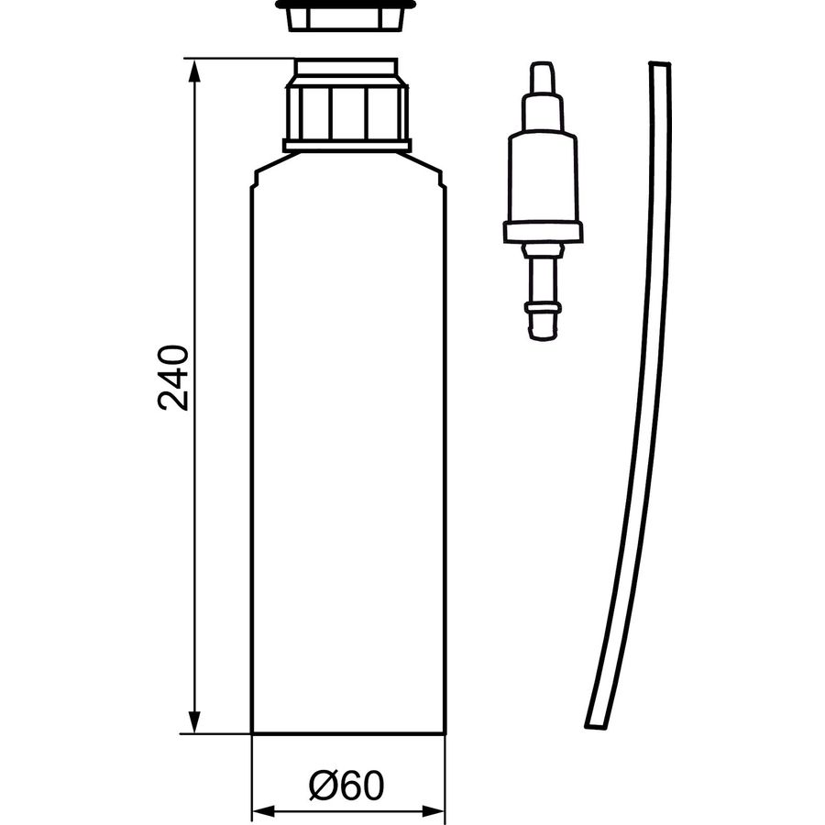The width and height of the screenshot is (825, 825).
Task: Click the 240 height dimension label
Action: (172, 378)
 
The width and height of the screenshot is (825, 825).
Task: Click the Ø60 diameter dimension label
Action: (346, 786)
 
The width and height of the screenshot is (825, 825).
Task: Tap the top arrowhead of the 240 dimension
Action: (194, 71)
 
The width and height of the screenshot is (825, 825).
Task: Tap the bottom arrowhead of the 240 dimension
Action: (194, 720)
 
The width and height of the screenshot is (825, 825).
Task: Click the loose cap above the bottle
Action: (346, 16)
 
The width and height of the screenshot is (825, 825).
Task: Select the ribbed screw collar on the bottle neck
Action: (346, 112)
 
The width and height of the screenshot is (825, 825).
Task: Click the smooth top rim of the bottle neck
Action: (346, 68)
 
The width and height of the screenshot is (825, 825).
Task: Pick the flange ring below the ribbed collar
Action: (346, 146)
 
